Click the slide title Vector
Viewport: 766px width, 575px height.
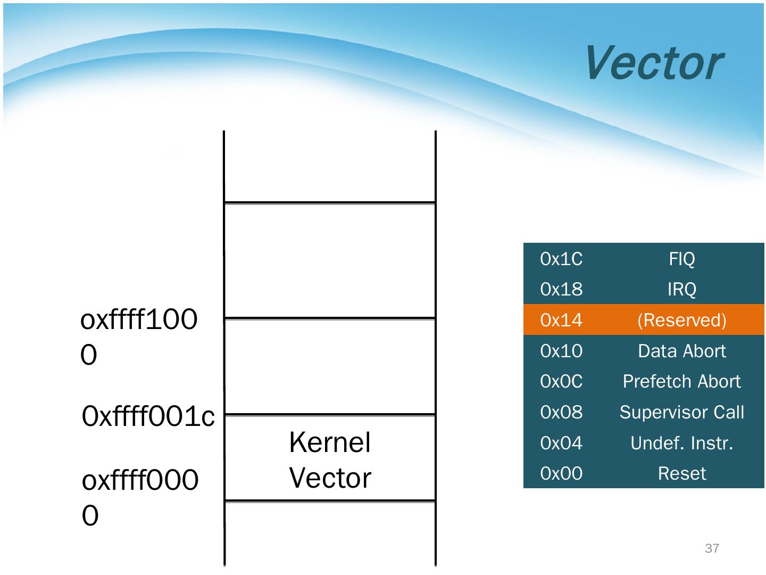click(x=654, y=63)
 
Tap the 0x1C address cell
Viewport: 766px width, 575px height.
click(x=561, y=259)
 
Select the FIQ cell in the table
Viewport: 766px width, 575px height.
click(x=682, y=259)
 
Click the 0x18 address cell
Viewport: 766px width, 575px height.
click(x=561, y=289)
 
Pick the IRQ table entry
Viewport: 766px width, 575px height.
click(x=682, y=290)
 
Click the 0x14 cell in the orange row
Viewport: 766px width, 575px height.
click(x=561, y=320)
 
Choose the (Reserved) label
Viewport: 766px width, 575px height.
click(x=682, y=320)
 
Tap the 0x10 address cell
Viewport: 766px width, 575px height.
click(x=561, y=351)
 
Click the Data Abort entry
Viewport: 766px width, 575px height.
click(x=682, y=351)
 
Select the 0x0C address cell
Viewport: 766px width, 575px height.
click(x=561, y=381)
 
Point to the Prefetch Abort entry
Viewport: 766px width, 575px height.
click(x=682, y=381)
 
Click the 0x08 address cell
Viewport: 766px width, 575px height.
click(x=561, y=412)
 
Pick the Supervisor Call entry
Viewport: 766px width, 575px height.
click(x=682, y=412)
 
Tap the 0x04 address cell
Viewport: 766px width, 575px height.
click(x=561, y=443)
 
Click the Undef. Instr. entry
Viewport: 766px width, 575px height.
click(x=682, y=443)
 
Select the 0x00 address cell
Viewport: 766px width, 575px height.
click(x=561, y=473)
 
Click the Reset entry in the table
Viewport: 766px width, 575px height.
click(x=682, y=473)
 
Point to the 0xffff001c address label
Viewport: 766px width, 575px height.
click(x=148, y=416)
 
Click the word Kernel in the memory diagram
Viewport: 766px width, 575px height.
click(x=330, y=442)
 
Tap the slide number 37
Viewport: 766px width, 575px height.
click(x=712, y=548)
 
